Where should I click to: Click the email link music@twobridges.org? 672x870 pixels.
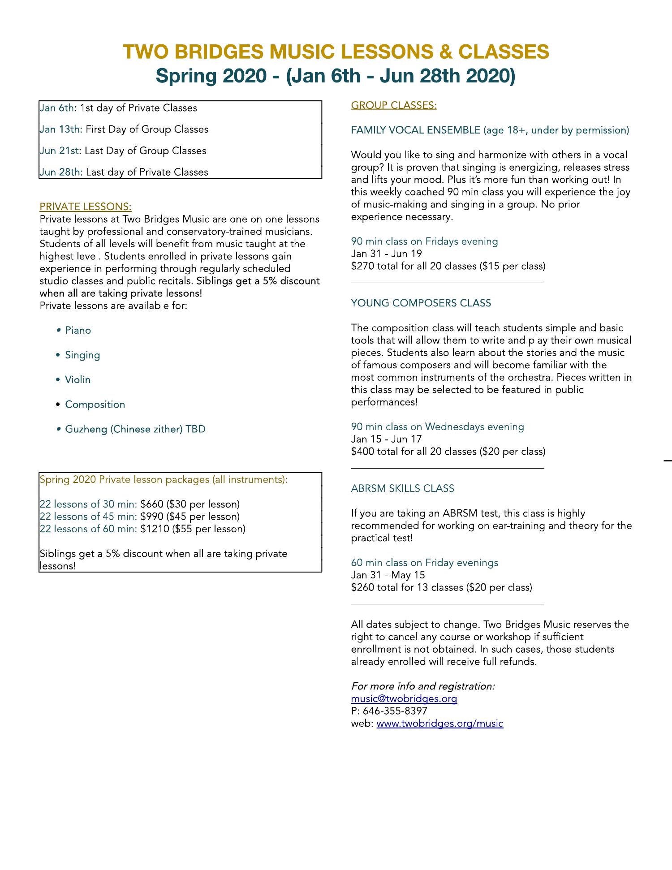point(404,698)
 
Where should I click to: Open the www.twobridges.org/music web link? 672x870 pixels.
point(439,723)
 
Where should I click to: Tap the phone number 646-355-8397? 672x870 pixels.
point(395,711)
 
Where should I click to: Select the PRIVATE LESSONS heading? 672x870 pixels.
point(86,207)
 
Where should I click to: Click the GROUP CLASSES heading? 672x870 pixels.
point(393,105)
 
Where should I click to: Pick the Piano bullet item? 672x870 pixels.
point(78,331)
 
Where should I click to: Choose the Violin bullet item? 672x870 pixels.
point(78,380)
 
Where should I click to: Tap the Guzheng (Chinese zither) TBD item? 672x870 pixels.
point(135,429)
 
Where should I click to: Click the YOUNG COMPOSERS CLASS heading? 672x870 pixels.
point(421,303)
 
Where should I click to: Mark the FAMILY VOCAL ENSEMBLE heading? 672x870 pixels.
point(415,130)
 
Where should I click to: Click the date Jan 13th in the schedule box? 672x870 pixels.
point(61,129)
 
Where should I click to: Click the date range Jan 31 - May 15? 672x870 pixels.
point(388,575)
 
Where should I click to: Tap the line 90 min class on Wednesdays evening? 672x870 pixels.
point(437,426)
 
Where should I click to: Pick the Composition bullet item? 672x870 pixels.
point(95,405)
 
